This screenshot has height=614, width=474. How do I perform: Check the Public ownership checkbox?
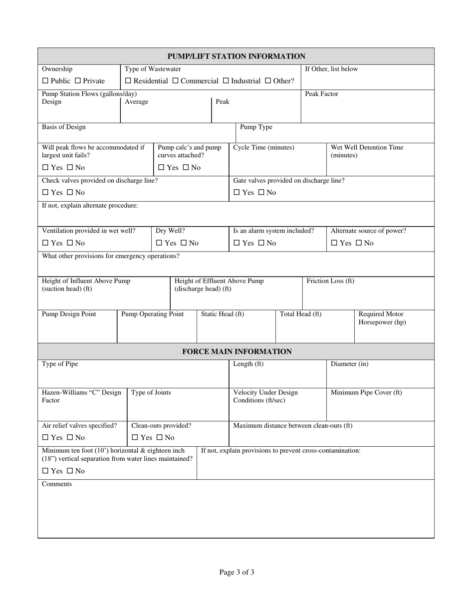tap(45, 81)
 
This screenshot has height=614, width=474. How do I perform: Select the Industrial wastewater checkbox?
tap(226, 81)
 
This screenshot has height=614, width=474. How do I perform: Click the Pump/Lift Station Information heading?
tap(236, 56)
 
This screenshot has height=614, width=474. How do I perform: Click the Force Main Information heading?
tap(237, 351)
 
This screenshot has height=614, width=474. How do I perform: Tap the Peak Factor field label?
tap(321, 94)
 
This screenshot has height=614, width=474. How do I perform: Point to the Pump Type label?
tap(256, 127)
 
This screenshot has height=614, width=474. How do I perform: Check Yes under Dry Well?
tap(159, 243)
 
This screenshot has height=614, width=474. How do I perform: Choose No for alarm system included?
tap(261, 243)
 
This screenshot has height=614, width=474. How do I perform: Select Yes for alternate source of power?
tap(334, 243)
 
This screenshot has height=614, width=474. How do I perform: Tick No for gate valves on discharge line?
tap(261, 193)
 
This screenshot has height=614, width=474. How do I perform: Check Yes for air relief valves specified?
tap(45, 438)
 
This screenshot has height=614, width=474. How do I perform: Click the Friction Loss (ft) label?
tap(330, 281)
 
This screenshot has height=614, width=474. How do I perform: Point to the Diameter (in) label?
tap(349, 364)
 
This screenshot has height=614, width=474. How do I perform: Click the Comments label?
tap(57, 484)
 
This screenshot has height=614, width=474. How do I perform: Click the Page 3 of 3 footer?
tap(237, 572)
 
